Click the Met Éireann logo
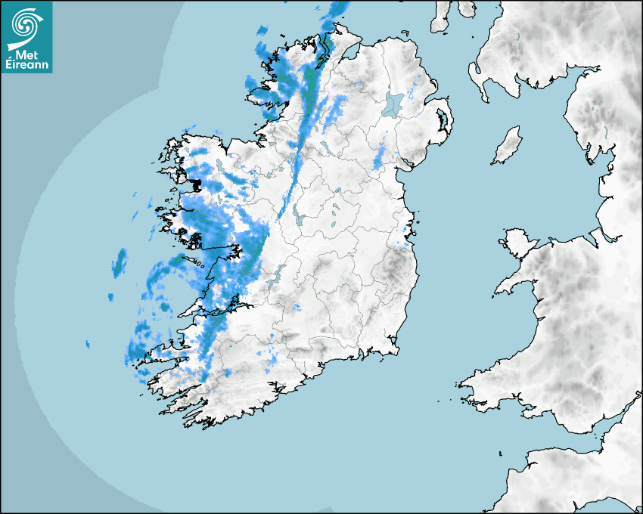click(x=26, y=36)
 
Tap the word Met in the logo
click(x=23, y=54)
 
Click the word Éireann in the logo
click(x=26, y=64)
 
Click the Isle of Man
click(x=508, y=146)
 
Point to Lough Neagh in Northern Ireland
click(x=392, y=104)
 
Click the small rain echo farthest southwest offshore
click(x=87, y=345)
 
